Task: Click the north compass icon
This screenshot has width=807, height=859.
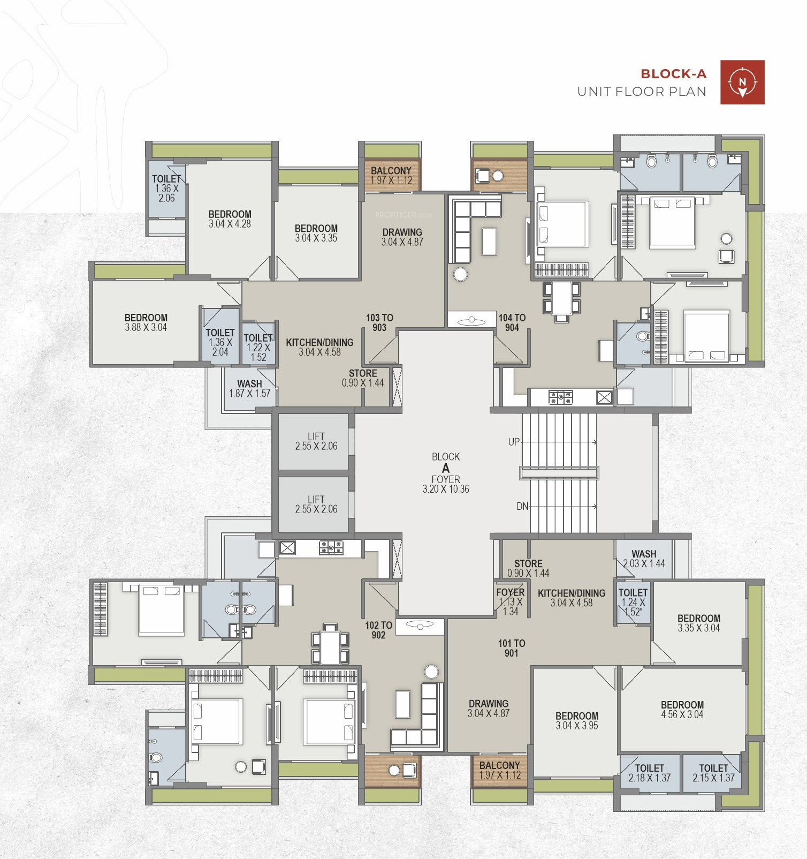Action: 742,82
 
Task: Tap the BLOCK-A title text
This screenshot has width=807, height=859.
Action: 673,74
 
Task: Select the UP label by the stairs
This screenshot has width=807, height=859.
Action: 514,442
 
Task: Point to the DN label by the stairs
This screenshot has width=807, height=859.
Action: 522,506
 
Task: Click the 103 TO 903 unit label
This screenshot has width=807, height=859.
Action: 379,322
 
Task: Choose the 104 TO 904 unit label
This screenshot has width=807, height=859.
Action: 512,322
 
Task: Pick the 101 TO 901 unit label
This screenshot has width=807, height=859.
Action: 512,648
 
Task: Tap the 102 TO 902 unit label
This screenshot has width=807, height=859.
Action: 378,630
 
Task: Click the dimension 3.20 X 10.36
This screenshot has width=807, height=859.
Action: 446,489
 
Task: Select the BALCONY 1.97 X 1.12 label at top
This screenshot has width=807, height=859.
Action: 391,175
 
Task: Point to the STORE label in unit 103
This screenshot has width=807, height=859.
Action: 363,373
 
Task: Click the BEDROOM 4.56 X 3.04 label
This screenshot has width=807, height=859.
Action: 682,710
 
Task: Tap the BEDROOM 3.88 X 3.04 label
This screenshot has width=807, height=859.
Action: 146,322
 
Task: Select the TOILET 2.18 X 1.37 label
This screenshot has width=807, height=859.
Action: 650,773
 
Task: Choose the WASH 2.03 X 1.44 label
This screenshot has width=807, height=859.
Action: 644,559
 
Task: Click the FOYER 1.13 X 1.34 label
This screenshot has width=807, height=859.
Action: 511,602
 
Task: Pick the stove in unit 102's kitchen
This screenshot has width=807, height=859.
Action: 331,548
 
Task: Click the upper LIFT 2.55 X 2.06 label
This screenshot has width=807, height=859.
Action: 316,441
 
